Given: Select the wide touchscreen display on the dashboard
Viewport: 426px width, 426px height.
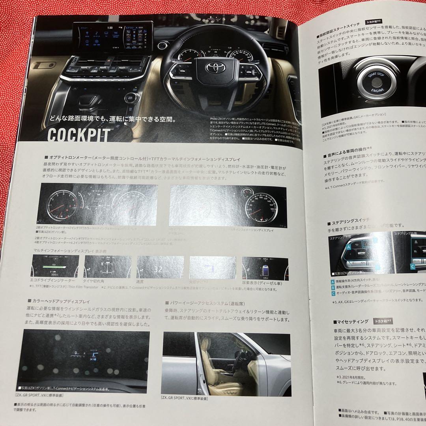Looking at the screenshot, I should coord(112,37).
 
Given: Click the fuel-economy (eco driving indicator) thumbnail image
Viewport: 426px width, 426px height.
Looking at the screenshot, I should coord(56,267).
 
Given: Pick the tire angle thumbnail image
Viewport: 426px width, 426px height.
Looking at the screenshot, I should coord(108,267).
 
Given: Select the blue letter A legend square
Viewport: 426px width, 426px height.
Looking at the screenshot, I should coord(333,282).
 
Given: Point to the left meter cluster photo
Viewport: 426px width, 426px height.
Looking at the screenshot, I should coord(97,204).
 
